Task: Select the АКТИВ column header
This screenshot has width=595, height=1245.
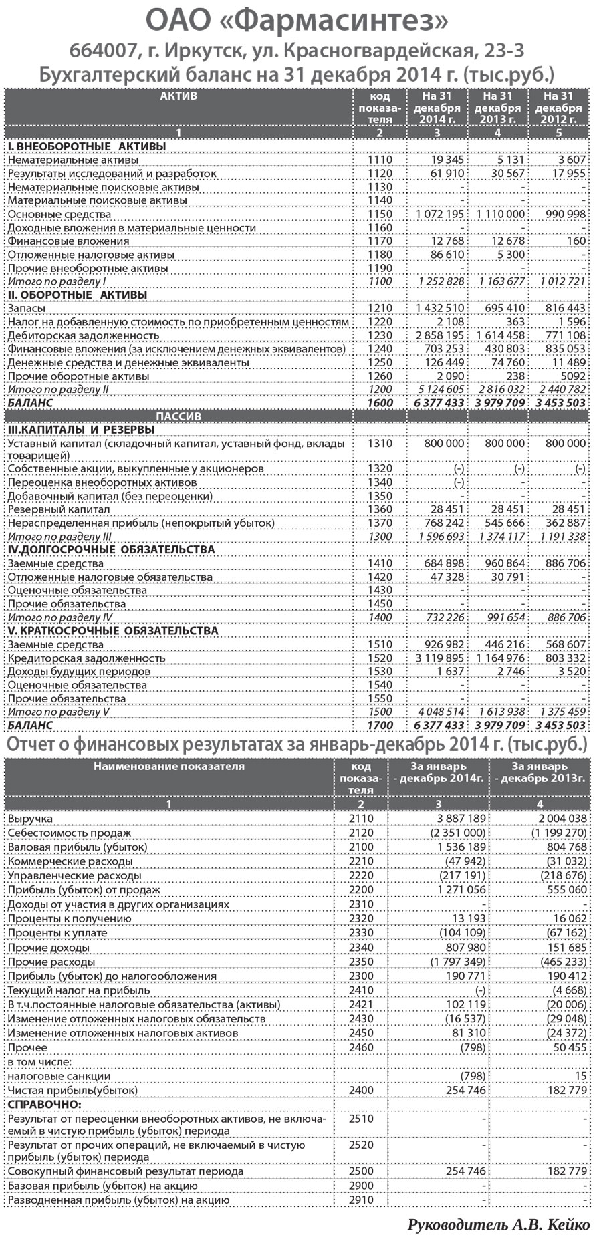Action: coord(178,96)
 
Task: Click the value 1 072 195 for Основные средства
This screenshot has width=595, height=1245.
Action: coord(439,215)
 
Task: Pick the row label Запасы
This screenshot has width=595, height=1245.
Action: coord(27,309)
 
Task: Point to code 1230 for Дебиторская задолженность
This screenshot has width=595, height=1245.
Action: coord(380,335)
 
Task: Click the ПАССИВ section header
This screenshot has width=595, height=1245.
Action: coord(178,416)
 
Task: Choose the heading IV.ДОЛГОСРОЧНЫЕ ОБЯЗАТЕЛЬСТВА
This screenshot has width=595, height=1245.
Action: coord(111,550)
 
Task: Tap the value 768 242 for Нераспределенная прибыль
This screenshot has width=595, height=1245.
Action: coord(444,523)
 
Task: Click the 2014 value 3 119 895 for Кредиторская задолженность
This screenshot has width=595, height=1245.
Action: coord(439,658)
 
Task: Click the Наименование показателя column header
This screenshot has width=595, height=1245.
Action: coord(168,767)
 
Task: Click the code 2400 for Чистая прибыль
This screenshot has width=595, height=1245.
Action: coord(361,1090)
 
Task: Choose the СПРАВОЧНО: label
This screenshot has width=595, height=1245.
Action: coord(44,1105)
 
